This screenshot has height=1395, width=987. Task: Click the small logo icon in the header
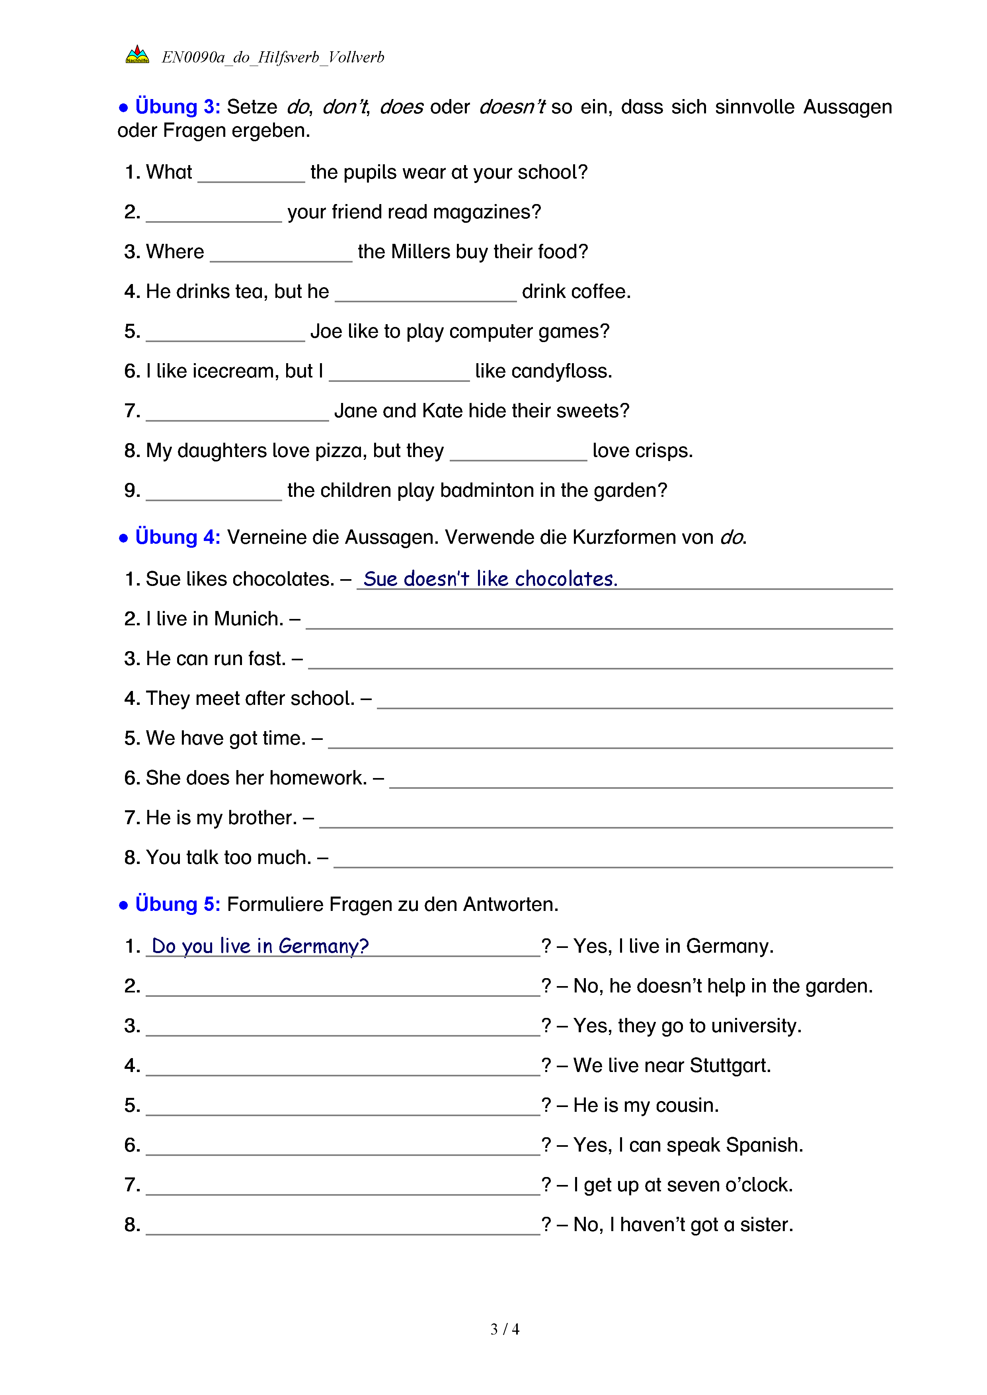click(x=137, y=55)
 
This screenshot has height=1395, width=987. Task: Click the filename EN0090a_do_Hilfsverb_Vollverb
click(x=273, y=58)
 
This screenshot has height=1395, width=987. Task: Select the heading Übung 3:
click(x=177, y=107)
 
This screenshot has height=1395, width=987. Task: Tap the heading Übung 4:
click(x=177, y=537)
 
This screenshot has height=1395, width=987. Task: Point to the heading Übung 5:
click(x=177, y=904)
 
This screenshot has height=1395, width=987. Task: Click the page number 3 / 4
click(x=504, y=1329)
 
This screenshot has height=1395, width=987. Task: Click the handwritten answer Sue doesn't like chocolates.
click(x=490, y=579)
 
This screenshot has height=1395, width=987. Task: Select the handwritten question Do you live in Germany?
click(x=260, y=946)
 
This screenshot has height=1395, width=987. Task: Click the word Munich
click(x=249, y=619)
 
